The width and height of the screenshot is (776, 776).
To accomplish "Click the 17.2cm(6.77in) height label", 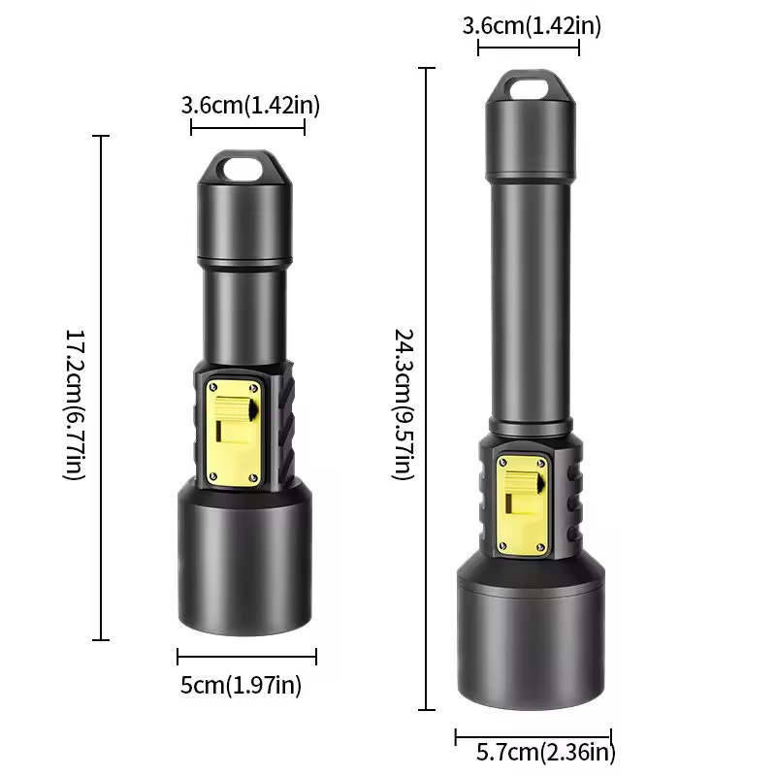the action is (76, 404).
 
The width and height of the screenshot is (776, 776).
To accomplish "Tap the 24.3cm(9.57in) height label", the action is (404, 404).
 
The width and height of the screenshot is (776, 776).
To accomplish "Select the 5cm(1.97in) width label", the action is (241, 686).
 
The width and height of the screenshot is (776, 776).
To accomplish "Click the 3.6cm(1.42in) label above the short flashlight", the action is (250, 106).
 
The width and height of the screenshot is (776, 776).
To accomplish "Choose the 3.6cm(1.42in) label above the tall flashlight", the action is (532, 26).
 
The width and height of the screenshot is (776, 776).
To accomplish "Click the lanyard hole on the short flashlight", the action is (242, 170).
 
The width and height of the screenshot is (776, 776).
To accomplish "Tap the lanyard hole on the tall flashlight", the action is (530, 89).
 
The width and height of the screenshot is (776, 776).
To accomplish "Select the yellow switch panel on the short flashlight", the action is (234, 433).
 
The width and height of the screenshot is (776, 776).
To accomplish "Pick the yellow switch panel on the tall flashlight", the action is (522, 503).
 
